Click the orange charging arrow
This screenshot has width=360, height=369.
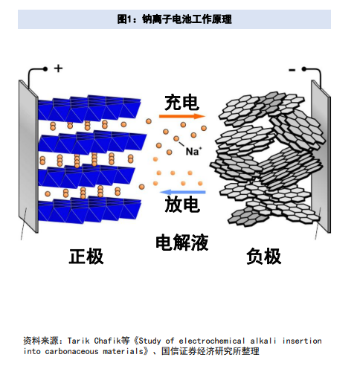[x=181, y=116]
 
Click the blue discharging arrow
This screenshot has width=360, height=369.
[x=182, y=192]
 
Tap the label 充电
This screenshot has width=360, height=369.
[x=181, y=103]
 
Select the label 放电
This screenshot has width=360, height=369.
[x=182, y=205]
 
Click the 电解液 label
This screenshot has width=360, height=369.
[x=182, y=242]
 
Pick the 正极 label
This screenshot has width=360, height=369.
[x=86, y=256]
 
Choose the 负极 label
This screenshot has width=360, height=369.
[x=263, y=256]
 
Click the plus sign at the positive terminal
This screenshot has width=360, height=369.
[x=58, y=68]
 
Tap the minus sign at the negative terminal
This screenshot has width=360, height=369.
[x=292, y=71]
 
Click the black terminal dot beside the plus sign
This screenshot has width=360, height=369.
[x=45, y=69]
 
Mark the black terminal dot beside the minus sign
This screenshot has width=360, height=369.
[x=304, y=69]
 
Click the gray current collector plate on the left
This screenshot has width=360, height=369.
[x=28, y=156]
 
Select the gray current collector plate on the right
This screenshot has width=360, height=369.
[x=321, y=156]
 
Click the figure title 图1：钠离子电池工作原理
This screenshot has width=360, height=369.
[x=174, y=19]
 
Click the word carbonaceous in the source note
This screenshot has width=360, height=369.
[x=71, y=351]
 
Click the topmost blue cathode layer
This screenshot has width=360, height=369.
[x=89, y=108]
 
